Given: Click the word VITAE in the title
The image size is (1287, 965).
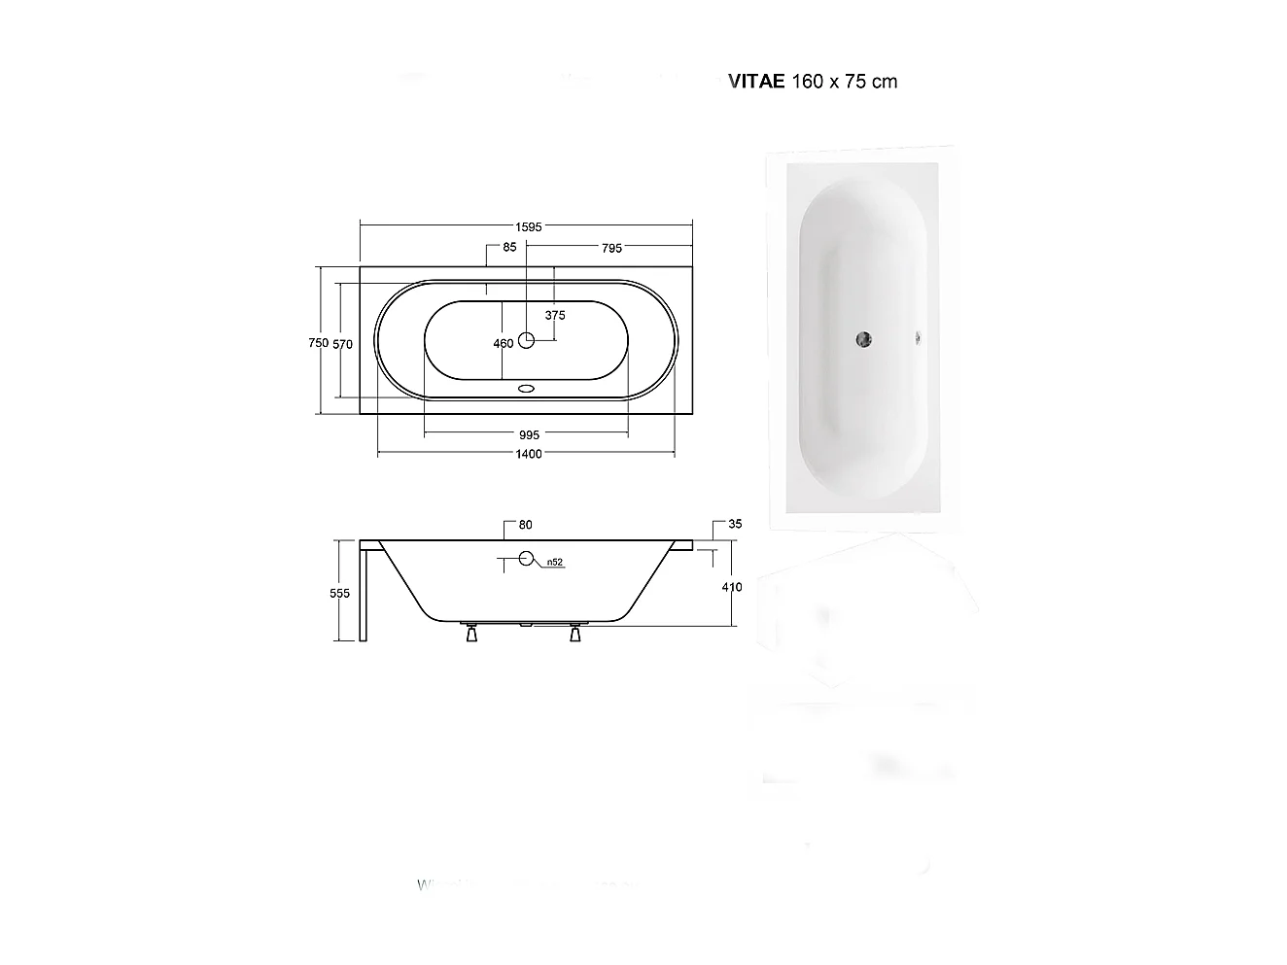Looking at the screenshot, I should tap(757, 82).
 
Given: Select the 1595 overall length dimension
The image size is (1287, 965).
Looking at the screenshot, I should tap(528, 226).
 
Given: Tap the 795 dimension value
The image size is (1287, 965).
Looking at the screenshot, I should tap(610, 249).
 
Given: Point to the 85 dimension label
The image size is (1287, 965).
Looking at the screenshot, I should tap(509, 248).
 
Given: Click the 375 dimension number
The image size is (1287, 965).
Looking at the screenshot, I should tap(555, 316).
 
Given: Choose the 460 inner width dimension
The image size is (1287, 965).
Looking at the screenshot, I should tap(503, 343).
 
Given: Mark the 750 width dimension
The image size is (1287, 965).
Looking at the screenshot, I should tap(318, 342).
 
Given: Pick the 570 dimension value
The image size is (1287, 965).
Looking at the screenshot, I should tap(342, 343).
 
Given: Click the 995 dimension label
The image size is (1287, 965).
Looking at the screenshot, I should tap(529, 435).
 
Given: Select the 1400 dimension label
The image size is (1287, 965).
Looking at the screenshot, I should tap(529, 454).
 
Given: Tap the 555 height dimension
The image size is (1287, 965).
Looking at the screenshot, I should tap(339, 594).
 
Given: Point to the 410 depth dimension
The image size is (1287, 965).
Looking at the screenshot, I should tap(732, 587).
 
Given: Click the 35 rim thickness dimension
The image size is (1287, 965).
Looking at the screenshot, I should tap(735, 525).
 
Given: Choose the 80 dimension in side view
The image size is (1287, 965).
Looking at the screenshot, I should tap(525, 526).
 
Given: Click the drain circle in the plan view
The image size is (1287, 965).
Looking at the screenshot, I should tap(527, 340).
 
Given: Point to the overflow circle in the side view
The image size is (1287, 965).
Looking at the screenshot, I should tap(527, 559).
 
